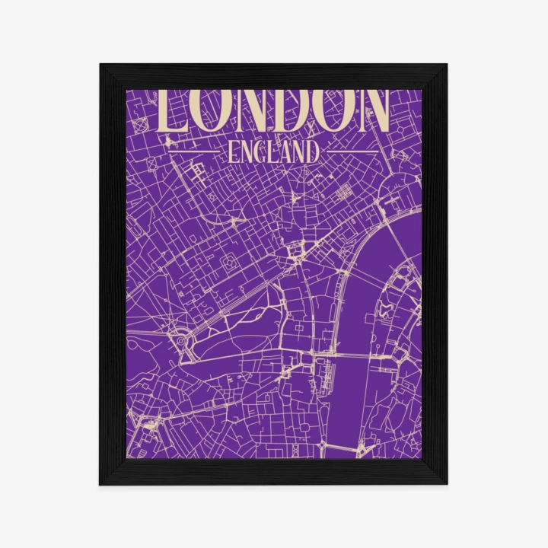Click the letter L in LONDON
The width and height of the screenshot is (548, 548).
pos(169,113)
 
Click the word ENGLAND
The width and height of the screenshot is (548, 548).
pos(273,152)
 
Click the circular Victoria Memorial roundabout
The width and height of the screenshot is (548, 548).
pos(183,343)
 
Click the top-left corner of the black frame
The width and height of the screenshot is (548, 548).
pos(101,65)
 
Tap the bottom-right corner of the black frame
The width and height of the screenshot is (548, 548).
pos(446,483)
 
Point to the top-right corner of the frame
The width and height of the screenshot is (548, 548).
pos(446,65)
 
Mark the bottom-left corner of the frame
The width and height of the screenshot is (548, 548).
pos(101,483)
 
